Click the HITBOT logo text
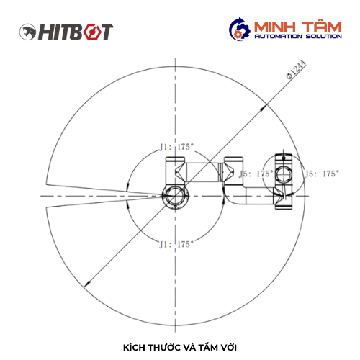pyautogui.click(x=76, y=32)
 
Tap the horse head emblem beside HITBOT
pyautogui.click(x=27, y=32)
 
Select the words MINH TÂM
pyautogui.click(x=297, y=27)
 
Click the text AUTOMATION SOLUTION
pyautogui.click(x=298, y=36)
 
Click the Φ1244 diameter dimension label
pyautogui.click(x=296, y=69)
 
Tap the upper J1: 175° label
pyautogui.click(x=176, y=147)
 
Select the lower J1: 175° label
pyautogui.click(x=176, y=245)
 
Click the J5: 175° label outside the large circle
pyautogui.click(x=323, y=174)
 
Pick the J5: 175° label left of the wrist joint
pyautogui.click(x=256, y=174)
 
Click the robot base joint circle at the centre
pyautogui.click(x=176, y=196)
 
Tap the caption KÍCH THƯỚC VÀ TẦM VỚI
pyautogui.click(x=180, y=348)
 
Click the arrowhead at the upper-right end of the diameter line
pyautogui.click(x=264, y=108)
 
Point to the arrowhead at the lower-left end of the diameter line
pyautogui.click(x=87, y=284)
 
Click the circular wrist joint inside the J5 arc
pyautogui.click(x=284, y=174)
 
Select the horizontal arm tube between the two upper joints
pyautogui.click(x=202, y=172)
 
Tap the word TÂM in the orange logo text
pyautogui.click(x=322, y=27)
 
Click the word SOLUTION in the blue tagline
pyautogui.click(x=324, y=36)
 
